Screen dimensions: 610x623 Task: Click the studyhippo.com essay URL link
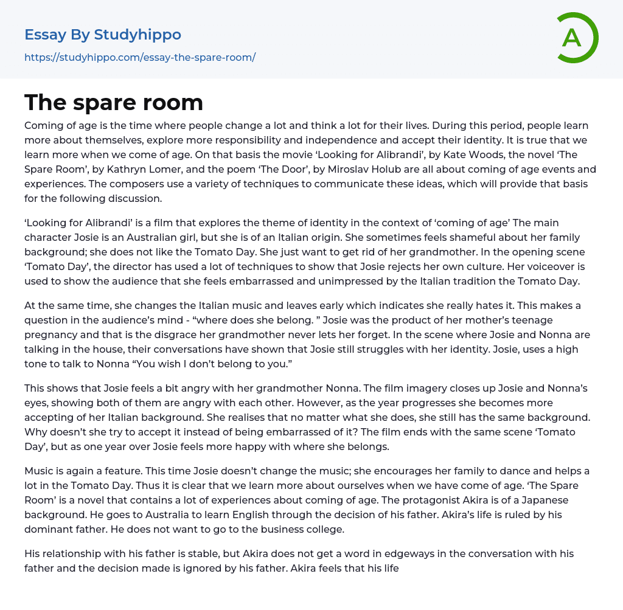[x=140, y=57]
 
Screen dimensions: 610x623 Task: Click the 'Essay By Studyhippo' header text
[x=103, y=35]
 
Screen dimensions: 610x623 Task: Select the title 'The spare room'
[x=114, y=103]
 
